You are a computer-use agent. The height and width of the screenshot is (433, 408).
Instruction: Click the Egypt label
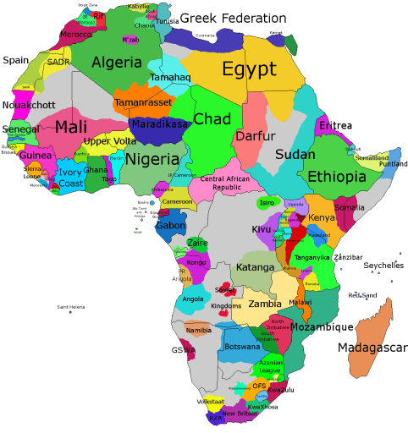(x=250, y=69)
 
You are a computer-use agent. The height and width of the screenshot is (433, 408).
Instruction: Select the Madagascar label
(x=372, y=348)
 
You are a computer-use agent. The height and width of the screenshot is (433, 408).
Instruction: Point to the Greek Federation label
(x=233, y=18)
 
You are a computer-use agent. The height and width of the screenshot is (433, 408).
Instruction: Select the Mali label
(x=71, y=129)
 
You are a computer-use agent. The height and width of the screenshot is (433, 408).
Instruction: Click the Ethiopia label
(x=337, y=176)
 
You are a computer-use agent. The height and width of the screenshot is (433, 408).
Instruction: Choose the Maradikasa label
(x=159, y=123)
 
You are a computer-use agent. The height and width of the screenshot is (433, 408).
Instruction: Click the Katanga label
(x=255, y=267)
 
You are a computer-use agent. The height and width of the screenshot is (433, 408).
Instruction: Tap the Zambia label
(x=264, y=304)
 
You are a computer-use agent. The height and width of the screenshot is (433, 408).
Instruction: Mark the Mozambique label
(x=323, y=326)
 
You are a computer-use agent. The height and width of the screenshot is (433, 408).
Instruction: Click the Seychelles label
(x=383, y=265)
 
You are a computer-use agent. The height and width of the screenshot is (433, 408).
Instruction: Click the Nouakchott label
(x=29, y=105)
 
